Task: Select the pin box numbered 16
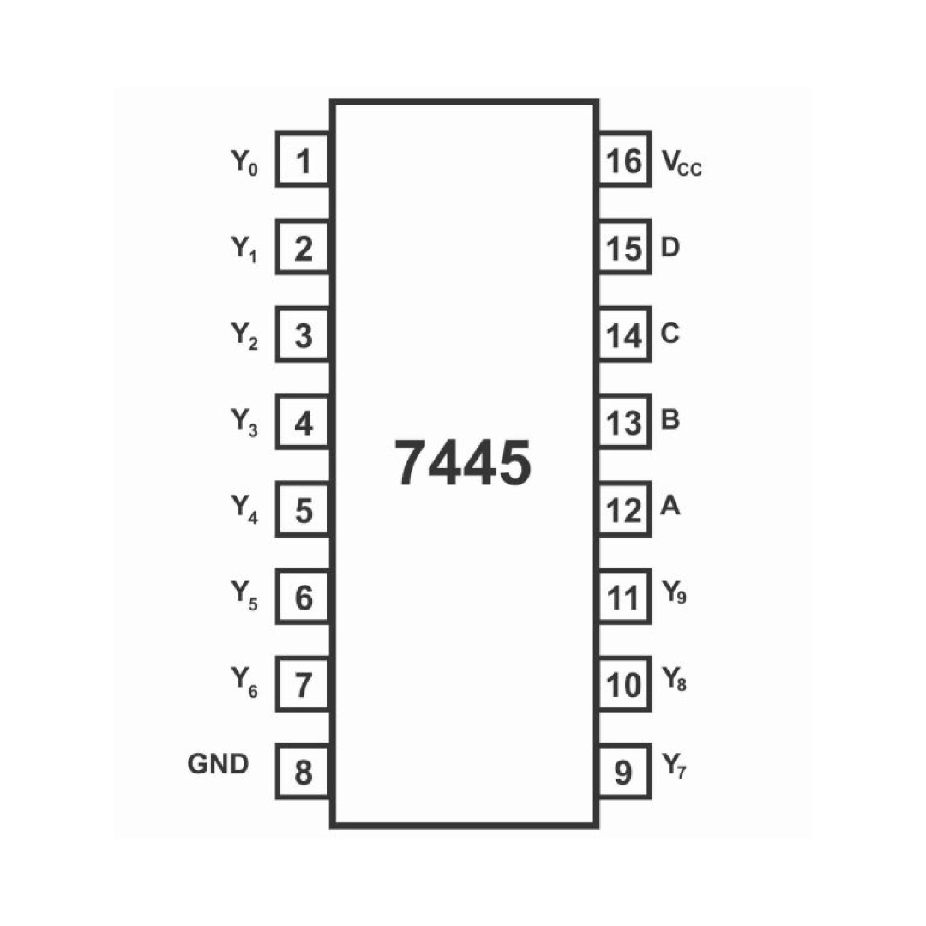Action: pos(625,159)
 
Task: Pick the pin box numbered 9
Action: pos(625,772)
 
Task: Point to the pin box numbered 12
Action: pos(625,509)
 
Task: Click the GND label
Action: pos(218,764)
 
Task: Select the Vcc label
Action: pos(682,162)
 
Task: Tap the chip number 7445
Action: pos(462,464)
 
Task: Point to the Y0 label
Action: pos(244,162)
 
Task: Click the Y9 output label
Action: pos(674,592)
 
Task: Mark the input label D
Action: pos(670,247)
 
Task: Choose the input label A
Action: pos(670,506)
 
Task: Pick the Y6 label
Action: pos(244,682)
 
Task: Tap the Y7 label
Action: pos(674,766)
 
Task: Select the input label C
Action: pos(670,333)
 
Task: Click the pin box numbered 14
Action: pos(625,334)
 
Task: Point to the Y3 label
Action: pos(244,423)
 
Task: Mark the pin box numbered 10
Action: pos(625,684)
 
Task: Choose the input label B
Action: pos(670,419)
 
